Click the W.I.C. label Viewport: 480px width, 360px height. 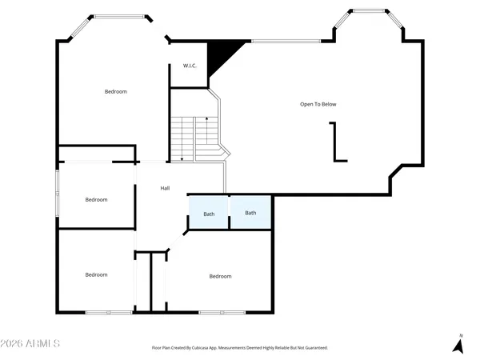pyautogui.click(x=190, y=66)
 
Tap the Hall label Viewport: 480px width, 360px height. pyautogui.click(x=165, y=188)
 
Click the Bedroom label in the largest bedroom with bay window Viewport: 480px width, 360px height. pyautogui.click(x=116, y=91)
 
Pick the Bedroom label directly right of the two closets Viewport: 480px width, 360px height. pyautogui.click(x=220, y=276)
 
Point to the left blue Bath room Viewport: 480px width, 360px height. pyautogui.click(x=209, y=213)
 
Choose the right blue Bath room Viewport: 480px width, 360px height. pyautogui.click(x=250, y=213)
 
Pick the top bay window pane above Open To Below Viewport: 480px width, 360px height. pyautogui.click(x=370, y=11)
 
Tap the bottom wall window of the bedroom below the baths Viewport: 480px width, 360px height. pyautogui.click(x=222, y=312)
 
